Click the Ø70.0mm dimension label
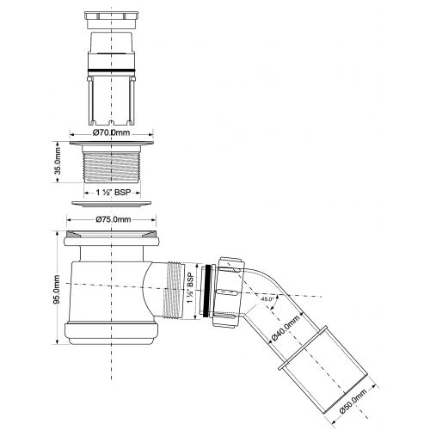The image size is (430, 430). coord(111,132)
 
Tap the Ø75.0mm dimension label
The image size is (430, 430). coord(114,219)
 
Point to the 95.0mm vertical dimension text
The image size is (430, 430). coord(57,289)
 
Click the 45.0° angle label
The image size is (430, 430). coord(267,298)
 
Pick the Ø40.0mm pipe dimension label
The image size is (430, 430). coord(286,327)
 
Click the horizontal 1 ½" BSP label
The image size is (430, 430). coord(113,193)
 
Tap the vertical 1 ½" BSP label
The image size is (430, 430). coord(190,287)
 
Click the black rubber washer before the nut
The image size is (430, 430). coord(206,291)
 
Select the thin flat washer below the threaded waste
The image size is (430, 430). coord(112,204)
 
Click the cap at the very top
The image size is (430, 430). coord(111,20)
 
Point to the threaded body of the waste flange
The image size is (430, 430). coord(112,167)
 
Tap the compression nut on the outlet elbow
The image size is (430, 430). coord(229,292)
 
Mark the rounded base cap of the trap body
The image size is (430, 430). coord(111,333)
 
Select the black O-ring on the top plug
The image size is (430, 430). coord(111,71)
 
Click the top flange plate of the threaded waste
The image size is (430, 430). coord(112,143)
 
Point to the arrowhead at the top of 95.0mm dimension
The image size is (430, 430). coord(57,233)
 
